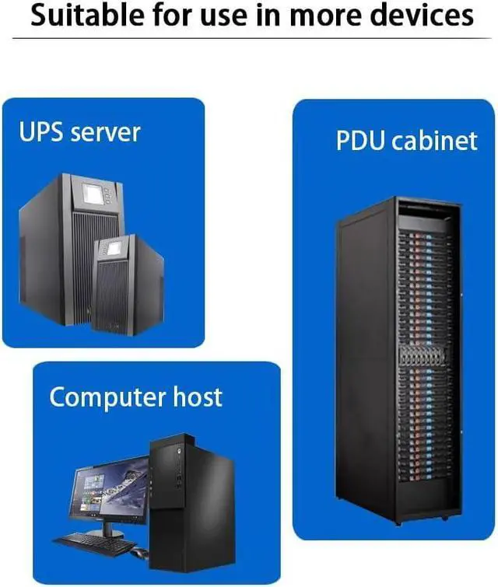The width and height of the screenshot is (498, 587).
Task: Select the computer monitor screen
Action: pos(110,490)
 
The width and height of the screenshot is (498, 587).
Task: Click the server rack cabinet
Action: pos(397,358)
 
